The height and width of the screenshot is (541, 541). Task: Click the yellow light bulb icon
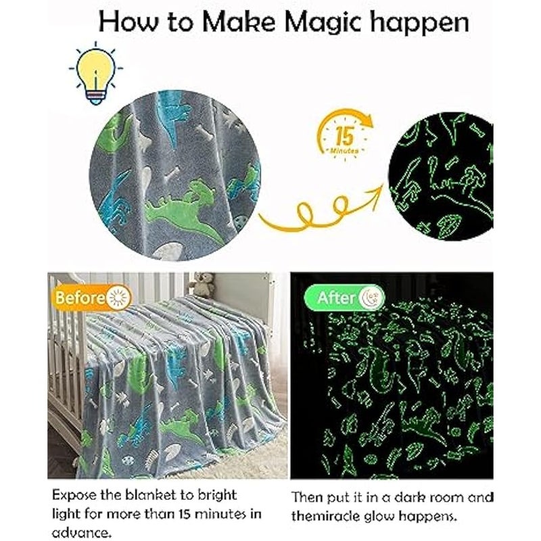tap(95, 70)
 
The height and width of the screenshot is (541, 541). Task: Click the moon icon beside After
tap(372, 297)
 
